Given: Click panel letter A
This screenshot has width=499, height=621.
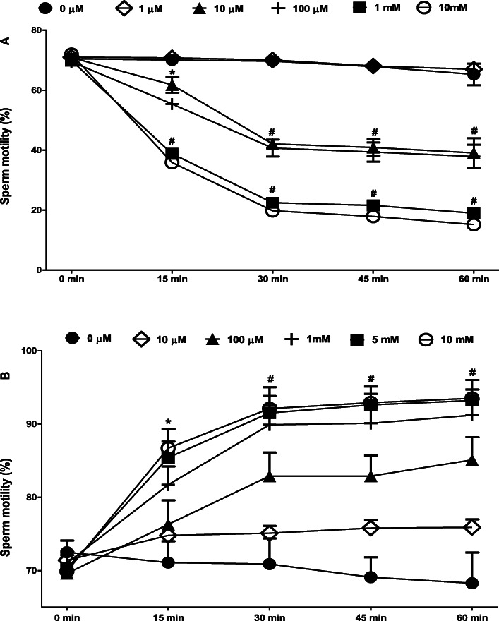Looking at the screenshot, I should coord(6,42).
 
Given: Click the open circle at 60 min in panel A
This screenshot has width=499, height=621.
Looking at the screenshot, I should coord(473,224).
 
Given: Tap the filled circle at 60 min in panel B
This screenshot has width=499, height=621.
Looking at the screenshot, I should coord(473,583).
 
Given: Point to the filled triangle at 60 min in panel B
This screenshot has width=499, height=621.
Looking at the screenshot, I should coord(473,460).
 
